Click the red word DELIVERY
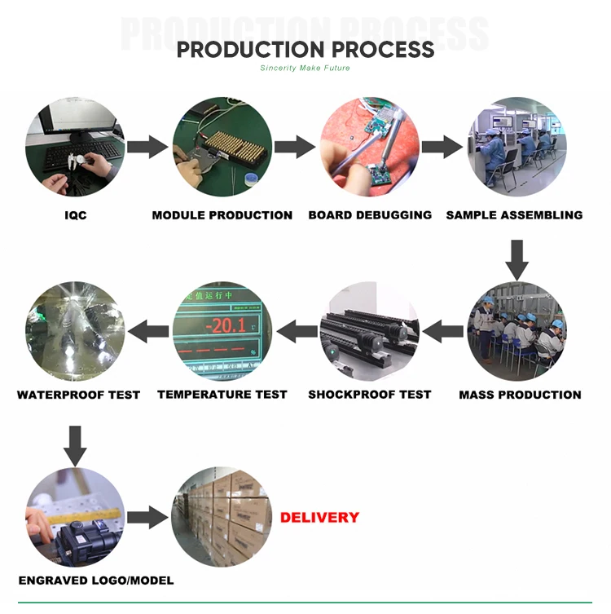pos(319,517)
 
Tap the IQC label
pos(76,215)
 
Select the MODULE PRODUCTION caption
pos(222,215)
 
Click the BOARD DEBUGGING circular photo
pos(369,147)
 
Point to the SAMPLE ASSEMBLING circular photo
pos(516,147)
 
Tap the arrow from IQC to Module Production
pos(147,148)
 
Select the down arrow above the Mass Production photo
pos(516,258)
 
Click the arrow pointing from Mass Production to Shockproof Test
pos(443,330)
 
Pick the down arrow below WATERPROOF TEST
pos(76,445)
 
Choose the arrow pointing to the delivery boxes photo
pos(147,516)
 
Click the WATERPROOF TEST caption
pos(78,395)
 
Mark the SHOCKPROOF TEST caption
pos(369,395)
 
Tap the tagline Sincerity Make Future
pos(305,68)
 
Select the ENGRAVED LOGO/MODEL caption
pos(96,581)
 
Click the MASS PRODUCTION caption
pos(520,395)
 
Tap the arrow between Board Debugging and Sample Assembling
pos(442,148)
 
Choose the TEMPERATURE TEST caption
pos(222,395)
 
